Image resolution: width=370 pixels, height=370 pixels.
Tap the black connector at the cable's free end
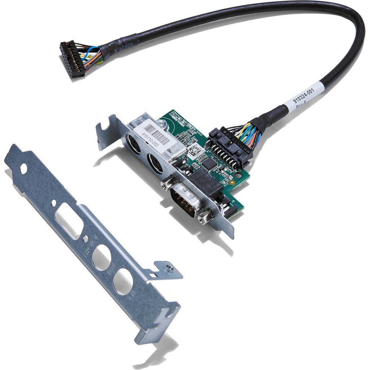(73, 59)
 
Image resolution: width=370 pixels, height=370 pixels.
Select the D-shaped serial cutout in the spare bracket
(69, 221)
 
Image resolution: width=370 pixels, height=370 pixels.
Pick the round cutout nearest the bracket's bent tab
(122, 282)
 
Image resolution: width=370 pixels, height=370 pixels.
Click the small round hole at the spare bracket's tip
(23, 168)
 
